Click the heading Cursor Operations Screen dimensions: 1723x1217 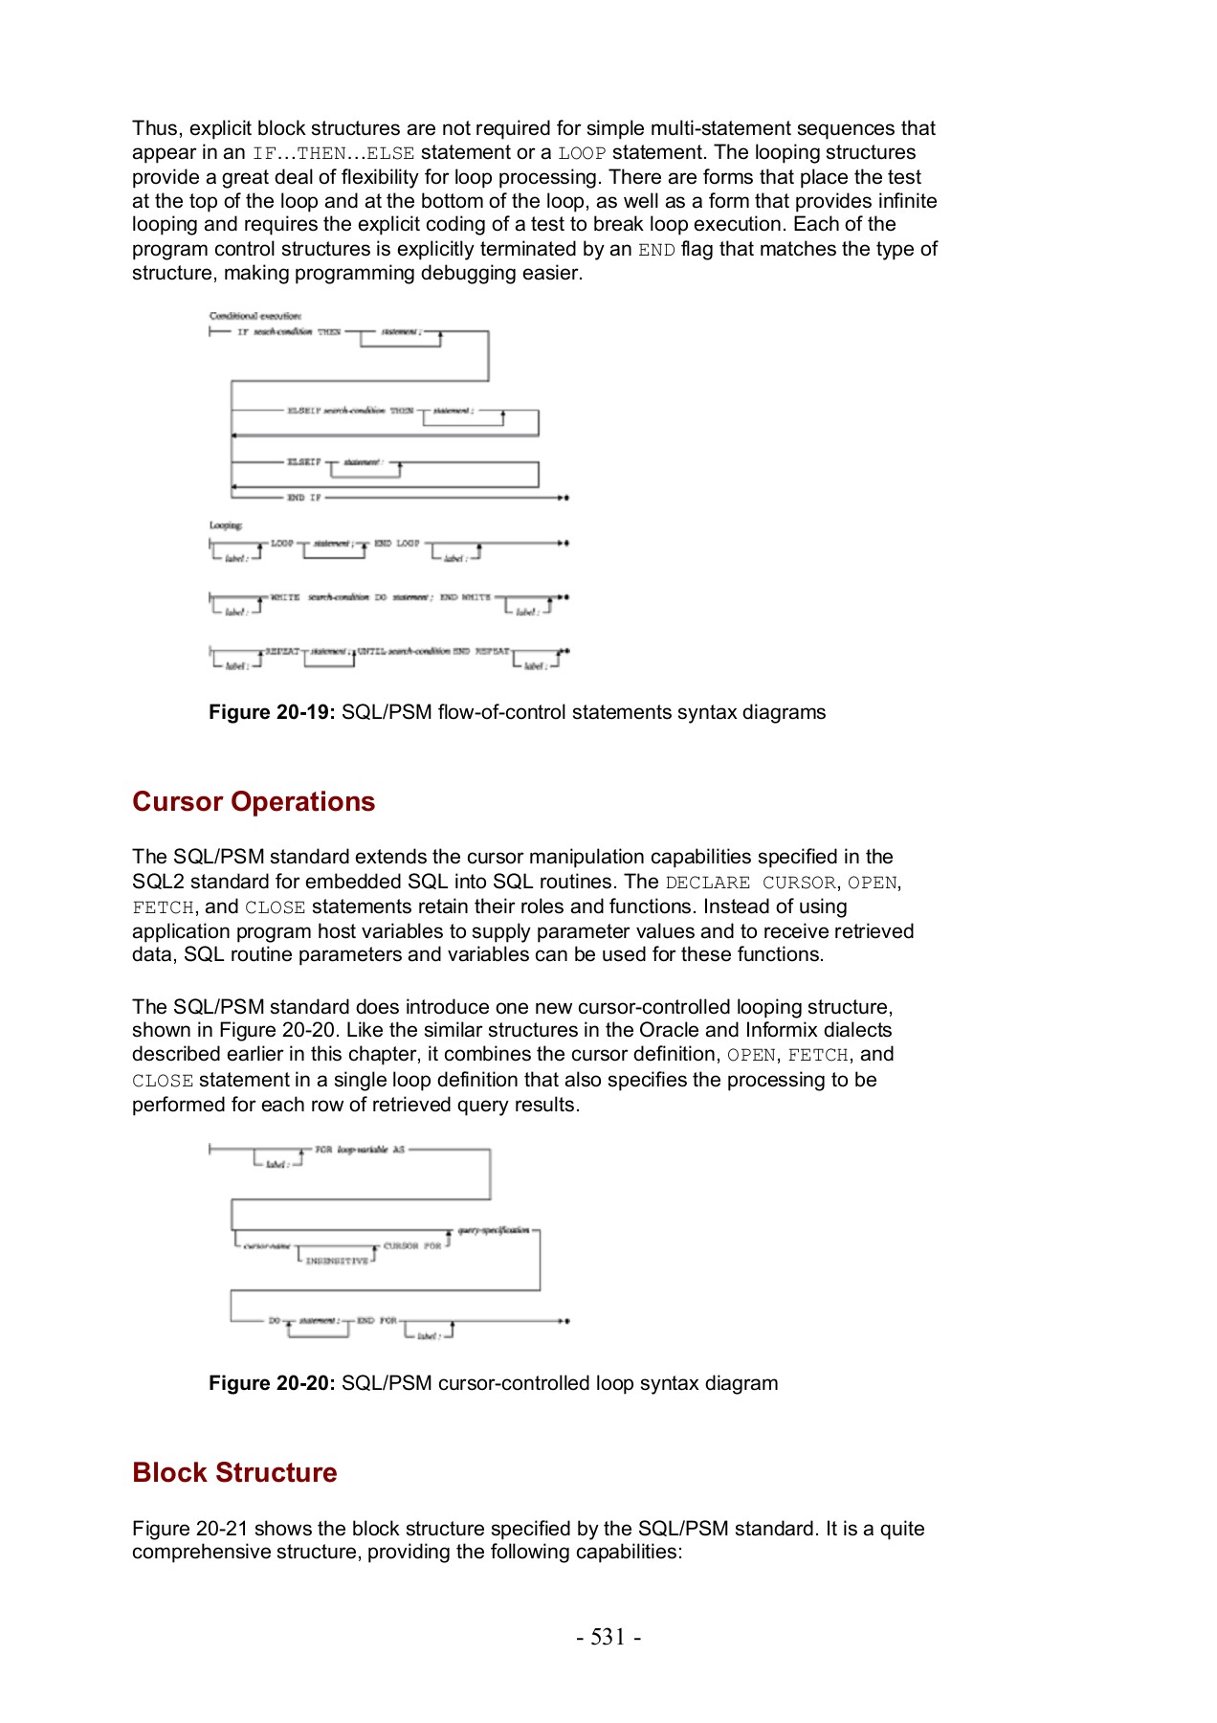point(254,801)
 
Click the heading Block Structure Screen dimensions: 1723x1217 point(234,1472)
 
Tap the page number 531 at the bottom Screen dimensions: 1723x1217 point(608,1637)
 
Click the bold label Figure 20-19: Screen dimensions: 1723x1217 point(272,712)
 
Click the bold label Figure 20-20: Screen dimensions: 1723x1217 point(272,1383)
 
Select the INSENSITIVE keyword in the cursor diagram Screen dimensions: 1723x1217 point(337,1262)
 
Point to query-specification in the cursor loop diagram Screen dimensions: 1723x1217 point(493,1230)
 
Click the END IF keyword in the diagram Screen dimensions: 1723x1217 point(304,498)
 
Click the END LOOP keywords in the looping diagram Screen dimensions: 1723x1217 point(396,544)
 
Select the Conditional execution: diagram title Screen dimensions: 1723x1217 point(255,316)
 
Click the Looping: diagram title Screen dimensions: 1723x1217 point(226,526)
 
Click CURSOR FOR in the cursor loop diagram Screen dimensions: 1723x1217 point(412,1246)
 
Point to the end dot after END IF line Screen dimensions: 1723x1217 point(567,498)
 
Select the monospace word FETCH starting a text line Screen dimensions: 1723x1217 point(163,907)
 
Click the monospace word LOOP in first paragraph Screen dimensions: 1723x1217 point(582,153)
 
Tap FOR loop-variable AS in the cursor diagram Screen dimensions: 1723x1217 point(360,1150)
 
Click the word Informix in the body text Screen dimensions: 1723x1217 point(786,1030)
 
